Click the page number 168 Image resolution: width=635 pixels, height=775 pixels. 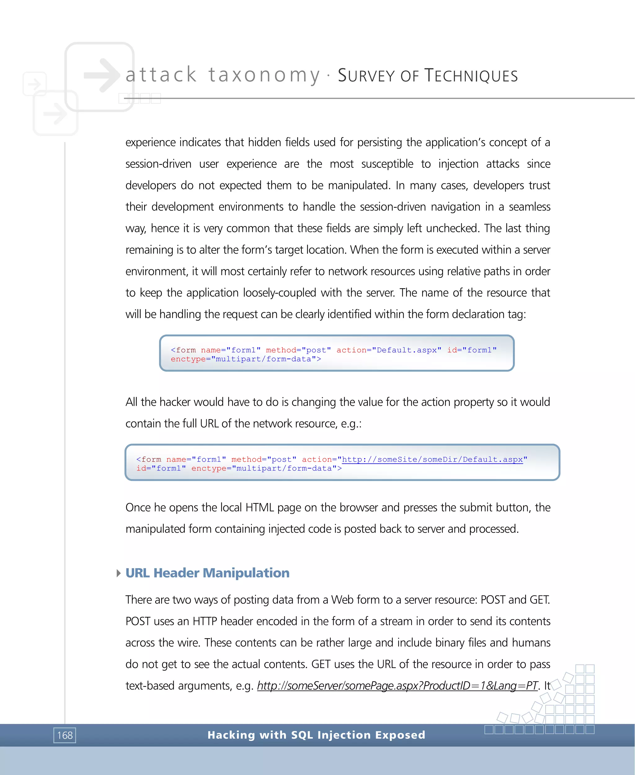point(65,735)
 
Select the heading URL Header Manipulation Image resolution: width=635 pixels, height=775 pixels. point(207,573)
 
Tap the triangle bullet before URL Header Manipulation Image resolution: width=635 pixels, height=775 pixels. point(118,573)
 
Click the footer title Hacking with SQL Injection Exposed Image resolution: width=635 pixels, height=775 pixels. point(316,735)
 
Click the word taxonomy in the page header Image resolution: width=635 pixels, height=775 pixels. point(264,75)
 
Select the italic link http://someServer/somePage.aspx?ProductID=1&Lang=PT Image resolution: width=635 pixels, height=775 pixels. point(397,685)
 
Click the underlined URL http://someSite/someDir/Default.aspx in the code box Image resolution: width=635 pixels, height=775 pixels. point(432,459)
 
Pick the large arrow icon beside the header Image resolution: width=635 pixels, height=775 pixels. point(101,75)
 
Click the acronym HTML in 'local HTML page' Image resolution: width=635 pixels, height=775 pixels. point(260,508)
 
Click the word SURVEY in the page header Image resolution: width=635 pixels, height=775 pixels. point(366,76)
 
